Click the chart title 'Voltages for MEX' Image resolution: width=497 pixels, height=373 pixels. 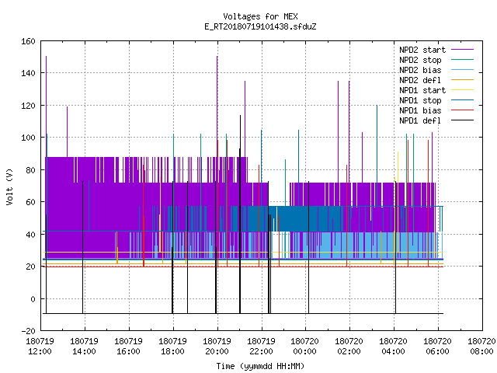(x=260, y=16)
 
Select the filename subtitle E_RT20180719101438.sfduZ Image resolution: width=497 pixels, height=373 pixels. (x=260, y=26)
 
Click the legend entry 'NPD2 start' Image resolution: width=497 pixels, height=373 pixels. (x=422, y=50)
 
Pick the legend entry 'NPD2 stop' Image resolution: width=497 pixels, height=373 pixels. (x=420, y=60)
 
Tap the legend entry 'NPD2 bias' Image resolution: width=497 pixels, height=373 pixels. (x=420, y=70)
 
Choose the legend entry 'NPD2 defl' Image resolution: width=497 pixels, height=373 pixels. (x=420, y=80)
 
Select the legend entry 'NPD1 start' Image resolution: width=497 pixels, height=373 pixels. (x=422, y=90)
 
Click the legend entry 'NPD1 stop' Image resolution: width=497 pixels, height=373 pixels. (x=420, y=100)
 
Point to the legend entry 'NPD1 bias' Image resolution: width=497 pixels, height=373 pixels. (x=420, y=110)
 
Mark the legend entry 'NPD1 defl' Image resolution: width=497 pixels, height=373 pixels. (x=420, y=121)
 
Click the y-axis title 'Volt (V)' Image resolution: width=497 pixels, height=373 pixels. (x=9, y=186)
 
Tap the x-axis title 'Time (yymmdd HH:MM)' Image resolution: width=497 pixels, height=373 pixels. (x=260, y=366)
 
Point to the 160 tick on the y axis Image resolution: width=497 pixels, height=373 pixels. (x=28, y=41)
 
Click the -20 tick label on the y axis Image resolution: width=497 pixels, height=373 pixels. (x=28, y=331)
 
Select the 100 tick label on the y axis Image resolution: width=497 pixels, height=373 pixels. (x=28, y=138)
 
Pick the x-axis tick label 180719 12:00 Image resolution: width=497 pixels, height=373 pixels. (x=40, y=347)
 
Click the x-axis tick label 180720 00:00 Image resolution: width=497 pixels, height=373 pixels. (x=305, y=347)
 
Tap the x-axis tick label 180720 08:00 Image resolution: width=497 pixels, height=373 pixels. (x=481, y=347)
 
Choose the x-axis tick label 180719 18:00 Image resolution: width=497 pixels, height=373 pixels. (x=172, y=347)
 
